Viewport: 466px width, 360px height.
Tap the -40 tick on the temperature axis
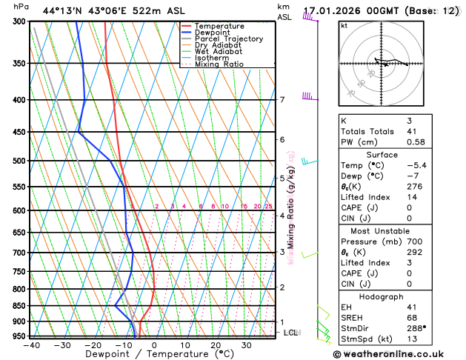tap(31, 345)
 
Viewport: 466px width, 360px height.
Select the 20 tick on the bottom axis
tap(216, 345)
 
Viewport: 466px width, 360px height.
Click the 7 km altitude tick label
tap(282, 100)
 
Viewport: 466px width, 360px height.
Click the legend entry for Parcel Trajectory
tap(228, 39)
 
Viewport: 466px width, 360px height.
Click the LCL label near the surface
tap(290, 333)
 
